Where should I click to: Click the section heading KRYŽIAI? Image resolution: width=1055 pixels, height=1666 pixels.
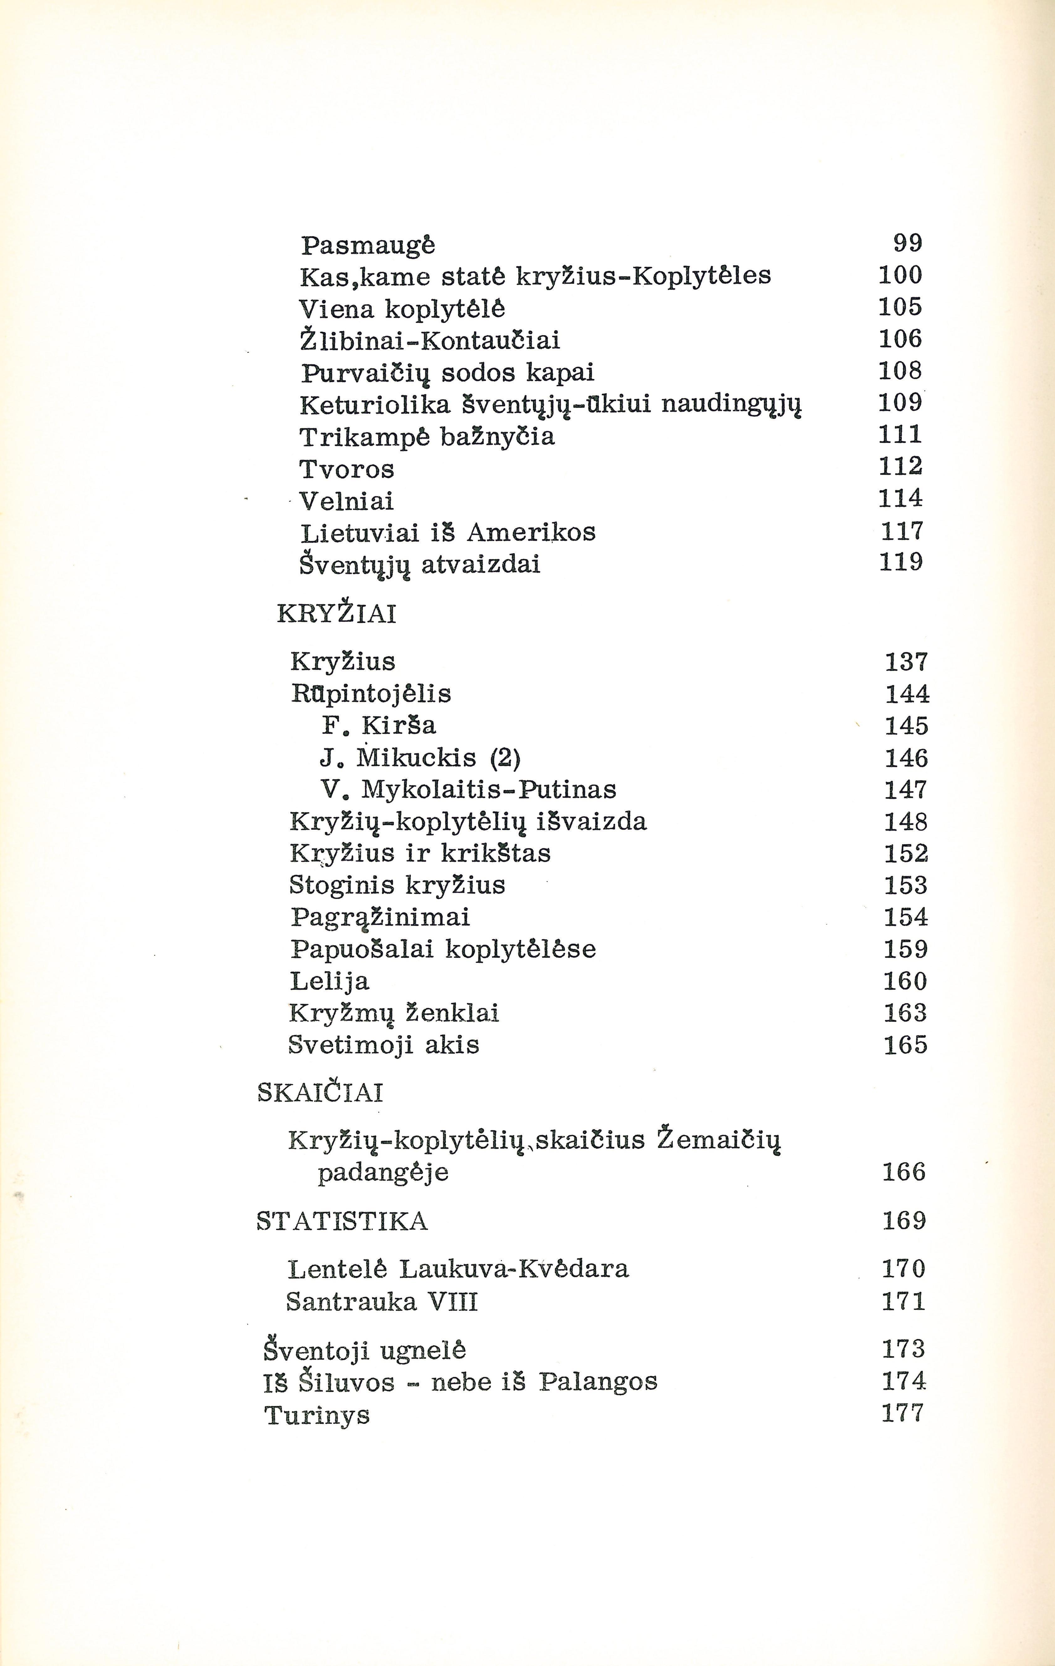tap(337, 614)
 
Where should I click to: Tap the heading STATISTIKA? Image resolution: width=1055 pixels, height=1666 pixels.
tap(342, 1221)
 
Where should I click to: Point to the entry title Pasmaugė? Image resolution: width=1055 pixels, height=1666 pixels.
tap(368, 245)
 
